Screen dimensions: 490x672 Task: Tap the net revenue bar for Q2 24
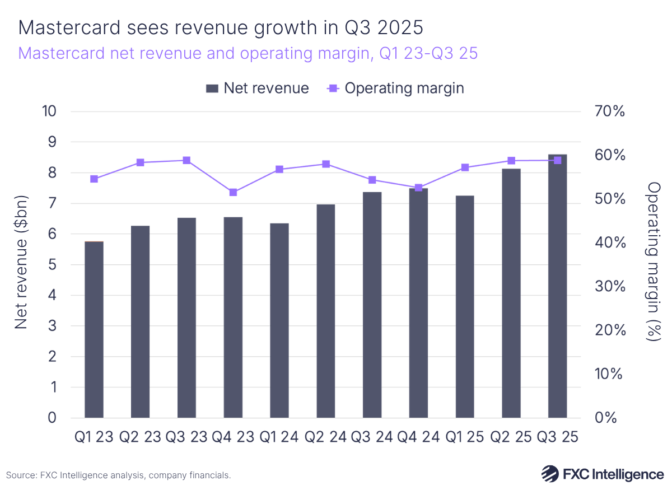point(326,311)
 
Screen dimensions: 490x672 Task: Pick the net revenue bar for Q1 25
point(465,306)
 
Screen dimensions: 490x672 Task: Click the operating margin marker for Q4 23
point(233,192)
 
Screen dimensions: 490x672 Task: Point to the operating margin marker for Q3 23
point(187,160)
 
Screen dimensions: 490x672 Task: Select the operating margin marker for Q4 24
point(418,188)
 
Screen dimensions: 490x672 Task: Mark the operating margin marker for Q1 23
point(94,179)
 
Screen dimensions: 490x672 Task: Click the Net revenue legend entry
point(258,88)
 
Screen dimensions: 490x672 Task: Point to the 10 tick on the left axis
point(49,111)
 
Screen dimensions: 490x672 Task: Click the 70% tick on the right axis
point(609,111)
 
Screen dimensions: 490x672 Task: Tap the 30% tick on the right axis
point(609,286)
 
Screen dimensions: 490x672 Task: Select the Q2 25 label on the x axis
point(511,436)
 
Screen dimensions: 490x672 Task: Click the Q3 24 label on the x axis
point(372,436)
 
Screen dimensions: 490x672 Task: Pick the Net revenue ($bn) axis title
point(21,264)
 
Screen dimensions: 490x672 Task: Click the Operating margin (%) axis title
point(653,262)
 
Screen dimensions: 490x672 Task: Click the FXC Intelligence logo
point(602,474)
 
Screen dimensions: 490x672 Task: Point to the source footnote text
point(119,475)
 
